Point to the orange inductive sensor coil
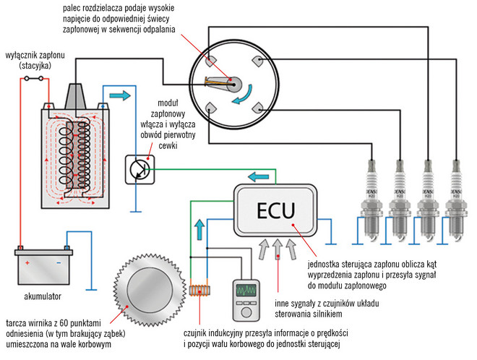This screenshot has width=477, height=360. point(203,292)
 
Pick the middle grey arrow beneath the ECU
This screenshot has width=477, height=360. point(278,250)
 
